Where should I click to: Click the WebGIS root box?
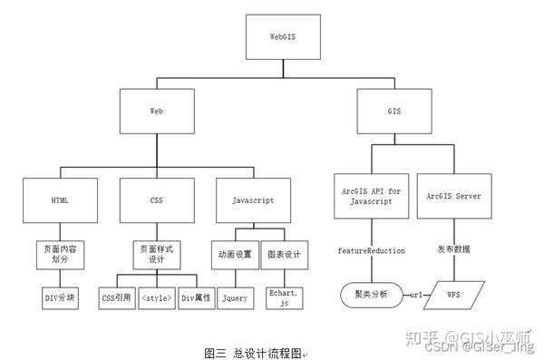click(283, 37)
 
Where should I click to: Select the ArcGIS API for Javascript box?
click(370, 196)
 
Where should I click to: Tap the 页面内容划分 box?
click(62, 252)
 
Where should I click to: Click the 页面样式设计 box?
click(157, 252)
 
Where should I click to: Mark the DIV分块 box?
click(62, 297)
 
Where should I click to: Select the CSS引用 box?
click(115, 297)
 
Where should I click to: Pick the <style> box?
click(157, 297)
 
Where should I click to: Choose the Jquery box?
click(235, 297)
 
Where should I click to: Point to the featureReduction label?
click(370, 250)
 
